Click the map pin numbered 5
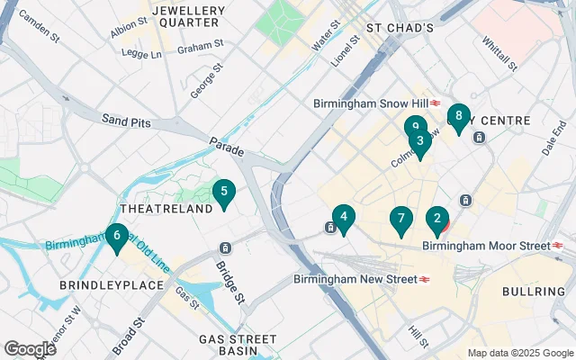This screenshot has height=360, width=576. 223,192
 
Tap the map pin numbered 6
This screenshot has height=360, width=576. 116,238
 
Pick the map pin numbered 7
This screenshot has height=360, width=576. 401,219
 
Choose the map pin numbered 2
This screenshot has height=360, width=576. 437,218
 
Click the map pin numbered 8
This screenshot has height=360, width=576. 459,116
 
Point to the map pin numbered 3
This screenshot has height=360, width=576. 419,141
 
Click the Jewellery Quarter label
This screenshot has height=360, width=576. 188,17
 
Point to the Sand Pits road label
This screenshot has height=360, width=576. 126,120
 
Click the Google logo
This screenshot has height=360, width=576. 31,348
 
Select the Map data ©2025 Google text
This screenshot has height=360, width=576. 518,353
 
